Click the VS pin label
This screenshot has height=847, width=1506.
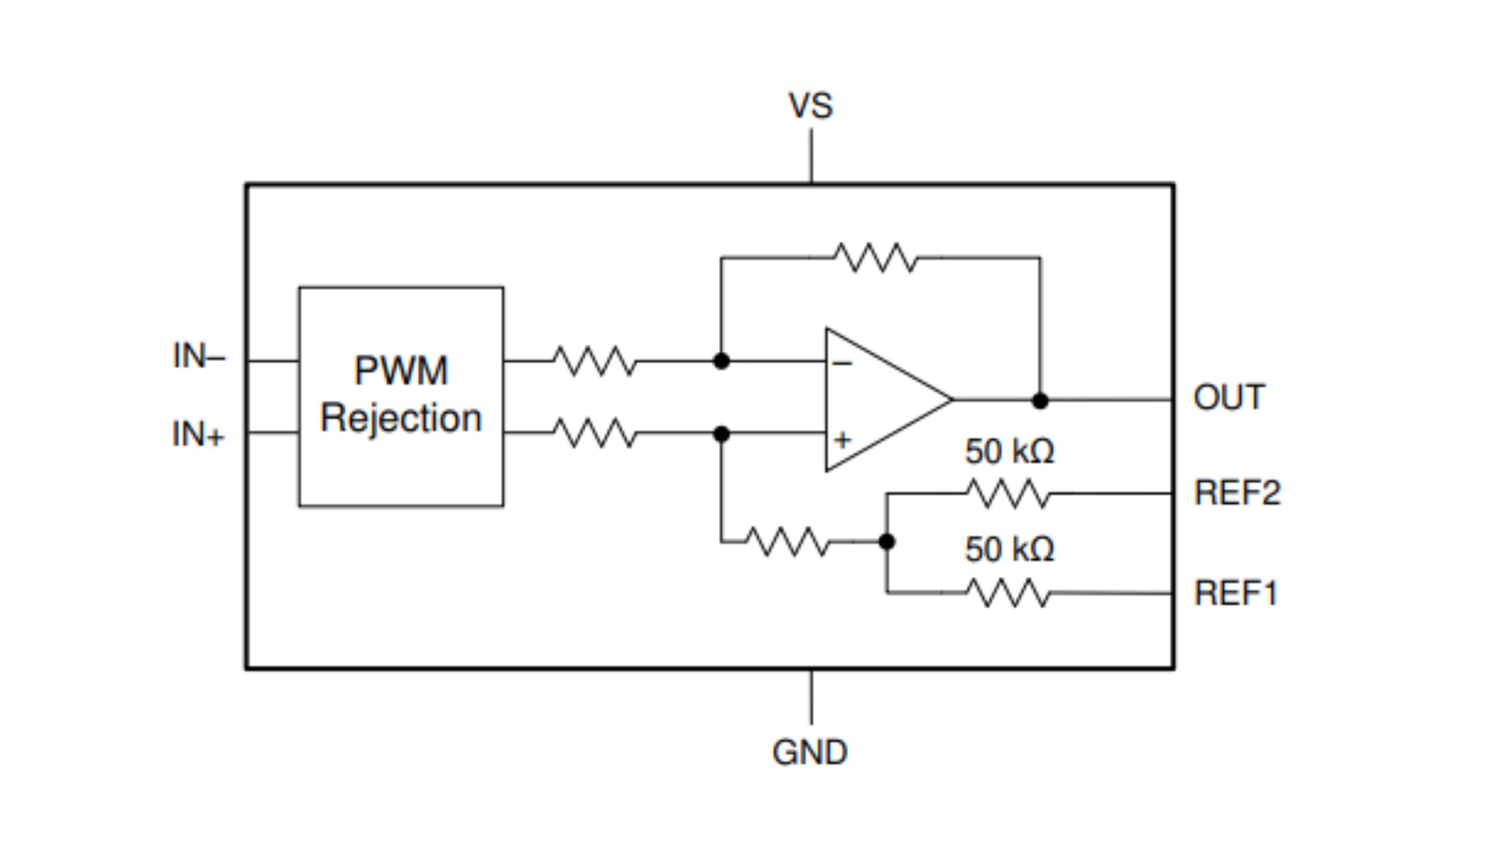(x=811, y=106)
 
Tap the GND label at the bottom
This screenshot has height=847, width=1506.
(x=809, y=752)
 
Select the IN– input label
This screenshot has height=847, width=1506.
(x=199, y=356)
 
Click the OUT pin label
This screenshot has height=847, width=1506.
(x=1229, y=397)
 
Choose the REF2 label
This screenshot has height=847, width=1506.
(x=1237, y=492)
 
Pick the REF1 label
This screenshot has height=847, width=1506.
(x=1235, y=593)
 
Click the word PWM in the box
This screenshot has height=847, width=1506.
(x=401, y=371)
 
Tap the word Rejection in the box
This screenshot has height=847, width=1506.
(x=401, y=418)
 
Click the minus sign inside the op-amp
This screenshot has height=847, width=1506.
(x=842, y=364)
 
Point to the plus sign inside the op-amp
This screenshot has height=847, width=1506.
(x=842, y=440)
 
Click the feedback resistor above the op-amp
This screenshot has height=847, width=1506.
(x=875, y=258)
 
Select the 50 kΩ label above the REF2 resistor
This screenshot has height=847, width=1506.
(x=1009, y=451)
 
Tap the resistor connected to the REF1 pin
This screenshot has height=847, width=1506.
(x=1008, y=593)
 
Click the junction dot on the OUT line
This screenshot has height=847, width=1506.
(x=1040, y=401)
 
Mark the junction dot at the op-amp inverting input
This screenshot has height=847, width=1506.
(x=721, y=361)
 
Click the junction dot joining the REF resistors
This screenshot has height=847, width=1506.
(x=887, y=542)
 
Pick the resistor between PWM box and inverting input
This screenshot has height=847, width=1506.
(x=595, y=361)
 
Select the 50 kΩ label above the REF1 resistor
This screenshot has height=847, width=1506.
(x=1009, y=549)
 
